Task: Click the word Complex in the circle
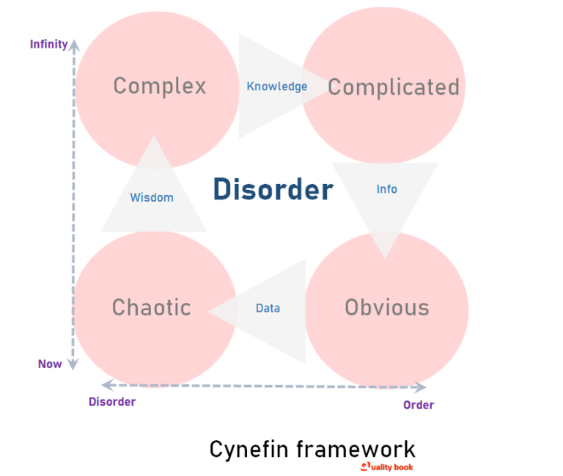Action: pos(160,86)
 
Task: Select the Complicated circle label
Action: pos(393,87)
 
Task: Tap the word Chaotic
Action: pos(152,307)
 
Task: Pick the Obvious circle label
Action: pos(387,307)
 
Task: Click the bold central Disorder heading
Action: pos(273,190)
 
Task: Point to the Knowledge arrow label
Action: pos(276,87)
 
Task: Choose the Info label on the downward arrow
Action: pos(386,189)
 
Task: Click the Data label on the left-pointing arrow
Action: pos(268,309)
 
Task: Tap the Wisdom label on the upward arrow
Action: pos(152,197)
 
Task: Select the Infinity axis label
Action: pos(48,44)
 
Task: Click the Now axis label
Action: pos(50,364)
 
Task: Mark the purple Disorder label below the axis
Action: pos(112,401)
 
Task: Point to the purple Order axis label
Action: pos(419,405)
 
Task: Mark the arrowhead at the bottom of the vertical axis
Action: pos(73,363)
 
